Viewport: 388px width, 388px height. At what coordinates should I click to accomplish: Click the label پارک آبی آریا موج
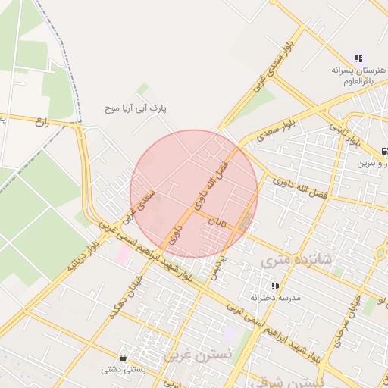point(136,109)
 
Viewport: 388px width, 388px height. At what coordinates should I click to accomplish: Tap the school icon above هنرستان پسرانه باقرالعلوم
point(358,58)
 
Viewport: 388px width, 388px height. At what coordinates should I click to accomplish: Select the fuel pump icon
point(384,151)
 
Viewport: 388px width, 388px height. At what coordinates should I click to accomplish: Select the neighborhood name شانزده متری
point(296,260)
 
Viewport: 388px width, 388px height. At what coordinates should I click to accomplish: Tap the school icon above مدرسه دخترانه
point(275,286)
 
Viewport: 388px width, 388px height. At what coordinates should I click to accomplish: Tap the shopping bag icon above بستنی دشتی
point(123,357)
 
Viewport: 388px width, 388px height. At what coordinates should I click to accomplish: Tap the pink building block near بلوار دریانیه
point(122,252)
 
